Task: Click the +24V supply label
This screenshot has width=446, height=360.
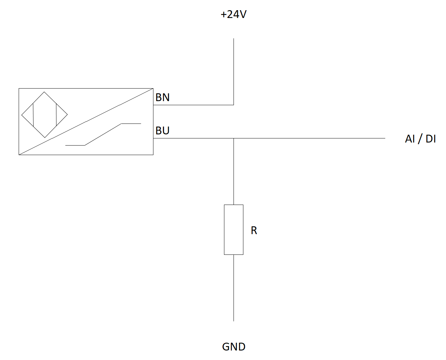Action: click(233, 15)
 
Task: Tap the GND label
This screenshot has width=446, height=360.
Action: click(234, 347)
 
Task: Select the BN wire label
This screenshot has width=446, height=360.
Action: click(162, 97)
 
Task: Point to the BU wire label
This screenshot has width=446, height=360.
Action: click(162, 131)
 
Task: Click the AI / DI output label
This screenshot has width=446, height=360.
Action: click(420, 138)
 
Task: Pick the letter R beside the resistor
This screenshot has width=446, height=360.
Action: click(254, 230)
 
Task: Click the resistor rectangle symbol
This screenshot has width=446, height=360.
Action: click(234, 230)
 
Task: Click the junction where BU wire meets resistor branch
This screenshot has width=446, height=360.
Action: click(234, 138)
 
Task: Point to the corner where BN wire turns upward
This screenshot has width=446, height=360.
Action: click(234, 105)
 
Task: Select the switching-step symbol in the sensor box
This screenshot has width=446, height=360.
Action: click(103, 135)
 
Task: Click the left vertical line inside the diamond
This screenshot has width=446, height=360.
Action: click(33, 115)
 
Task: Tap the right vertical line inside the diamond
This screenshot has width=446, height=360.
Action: click(56, 114)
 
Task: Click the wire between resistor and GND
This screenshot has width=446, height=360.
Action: click(234, 288)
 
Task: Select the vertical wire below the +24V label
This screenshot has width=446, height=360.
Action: click(234, 72)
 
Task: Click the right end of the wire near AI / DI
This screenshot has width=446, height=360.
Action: click(385, 138)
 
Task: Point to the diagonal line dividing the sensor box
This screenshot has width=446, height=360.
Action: click(86, 121)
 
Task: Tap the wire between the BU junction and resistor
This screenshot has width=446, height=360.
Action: click(234, 171)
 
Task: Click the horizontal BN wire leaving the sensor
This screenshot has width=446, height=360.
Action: click(193, 105)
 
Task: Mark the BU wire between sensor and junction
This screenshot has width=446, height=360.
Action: click(193, 138)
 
